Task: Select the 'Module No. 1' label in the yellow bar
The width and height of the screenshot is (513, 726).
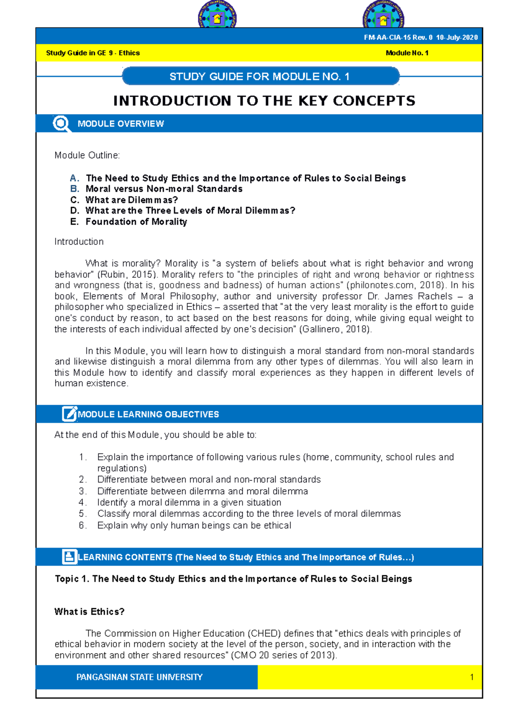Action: click(407, 53)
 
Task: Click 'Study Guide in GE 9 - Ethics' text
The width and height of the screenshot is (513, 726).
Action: click(93, 53)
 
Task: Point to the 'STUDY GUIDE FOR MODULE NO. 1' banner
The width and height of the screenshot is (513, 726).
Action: click(260, 77)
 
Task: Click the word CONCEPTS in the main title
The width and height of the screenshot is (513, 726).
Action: click(374, 101)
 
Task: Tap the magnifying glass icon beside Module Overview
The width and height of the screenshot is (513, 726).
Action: click(62, 124)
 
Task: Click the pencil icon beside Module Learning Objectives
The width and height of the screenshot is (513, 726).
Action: click(69, 414)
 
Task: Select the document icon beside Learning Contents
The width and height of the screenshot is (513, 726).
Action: click(69, 557)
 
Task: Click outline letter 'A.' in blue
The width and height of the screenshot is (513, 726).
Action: click(74, 178)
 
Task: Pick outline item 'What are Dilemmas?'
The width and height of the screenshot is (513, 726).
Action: click(132, 200)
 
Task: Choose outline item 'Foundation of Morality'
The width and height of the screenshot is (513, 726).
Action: click(136, 222)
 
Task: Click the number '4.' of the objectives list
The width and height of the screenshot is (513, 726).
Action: click(83, 502)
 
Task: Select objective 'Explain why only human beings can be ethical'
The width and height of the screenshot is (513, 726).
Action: click(194, 525)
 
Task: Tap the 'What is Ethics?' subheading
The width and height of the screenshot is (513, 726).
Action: click(89, 612)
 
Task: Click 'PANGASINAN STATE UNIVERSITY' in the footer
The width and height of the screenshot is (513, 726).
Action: click(139, 677)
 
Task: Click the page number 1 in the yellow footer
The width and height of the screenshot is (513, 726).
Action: click(472, 677)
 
